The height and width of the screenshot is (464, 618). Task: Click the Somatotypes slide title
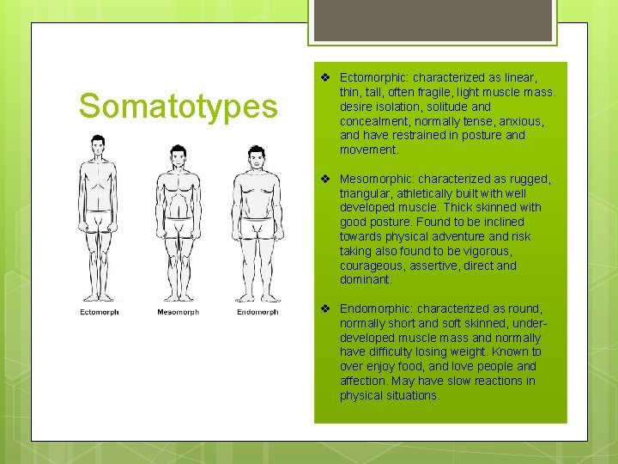coord(179,107)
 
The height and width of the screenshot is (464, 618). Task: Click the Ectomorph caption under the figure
coord(99,312)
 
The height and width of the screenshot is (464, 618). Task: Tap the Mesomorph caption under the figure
coord(178,312)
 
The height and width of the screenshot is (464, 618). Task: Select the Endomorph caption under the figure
coord(257,312)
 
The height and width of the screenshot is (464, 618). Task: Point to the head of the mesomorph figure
coord(178,156)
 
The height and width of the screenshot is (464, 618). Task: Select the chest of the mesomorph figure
coord(178,185)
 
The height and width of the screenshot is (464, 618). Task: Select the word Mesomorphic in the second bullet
coord(373,179)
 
